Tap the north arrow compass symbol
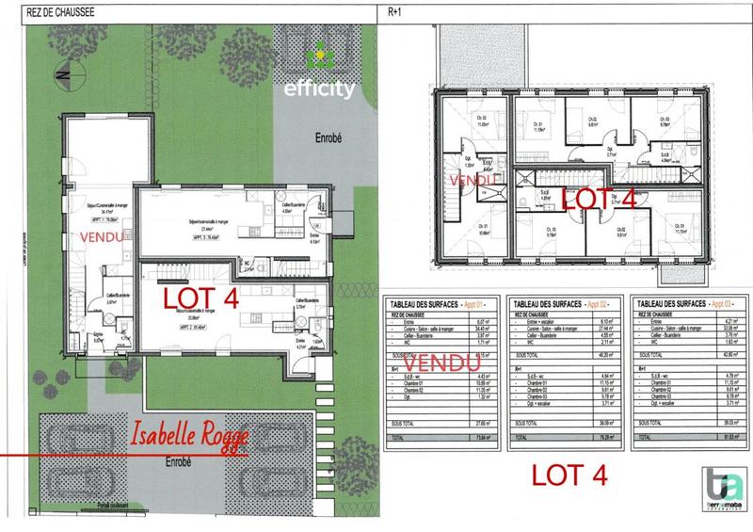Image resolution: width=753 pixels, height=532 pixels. pyautogui.click(x=60, y=70)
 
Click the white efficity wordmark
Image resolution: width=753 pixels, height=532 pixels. pyautogui.click(x=320, y=91)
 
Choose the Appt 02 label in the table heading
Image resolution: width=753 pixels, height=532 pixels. pyautogui.click(x=600, y=306)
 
